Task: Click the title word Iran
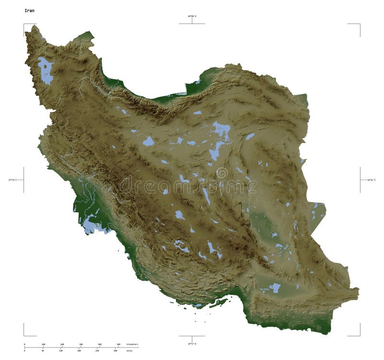click(29, 10)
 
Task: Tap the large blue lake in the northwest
click(46, 71)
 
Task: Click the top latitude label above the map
click(192, 16)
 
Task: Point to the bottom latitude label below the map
click(192, 344)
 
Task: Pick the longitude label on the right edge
click(371, 180)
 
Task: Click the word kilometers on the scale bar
click(132, 344)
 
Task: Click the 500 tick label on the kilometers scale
click(118, 344)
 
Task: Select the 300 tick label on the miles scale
click(115, 350)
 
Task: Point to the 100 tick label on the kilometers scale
click(43, 344)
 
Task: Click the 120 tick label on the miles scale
click(61, 350)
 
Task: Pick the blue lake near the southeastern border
click(275, 288)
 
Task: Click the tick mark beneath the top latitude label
click(192, 21)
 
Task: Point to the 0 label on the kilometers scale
click(24, 344)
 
